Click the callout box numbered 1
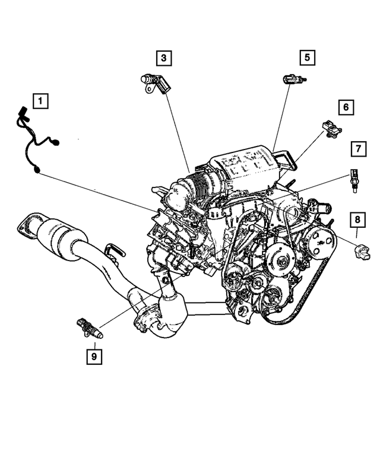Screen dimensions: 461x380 click(x=40, y=101)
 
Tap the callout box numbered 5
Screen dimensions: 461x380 click(x=307, y=58)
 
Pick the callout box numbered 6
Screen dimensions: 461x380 click(x=346, y=107)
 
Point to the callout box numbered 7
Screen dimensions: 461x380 click(x=358, y=148)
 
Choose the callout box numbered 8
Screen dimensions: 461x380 click(x=357, y=220)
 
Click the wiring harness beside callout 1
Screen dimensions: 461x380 click(x=33, y=139)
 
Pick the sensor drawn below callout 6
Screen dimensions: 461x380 click(x=330, y=129)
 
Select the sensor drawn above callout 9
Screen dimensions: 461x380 click(x=88, y=328)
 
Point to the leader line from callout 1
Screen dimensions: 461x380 click(x=101, y=190)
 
